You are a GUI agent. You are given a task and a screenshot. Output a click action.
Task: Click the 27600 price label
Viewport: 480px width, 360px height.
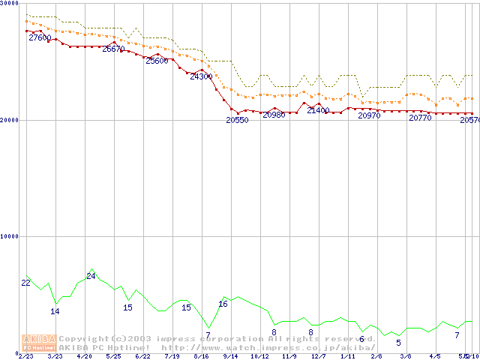40,37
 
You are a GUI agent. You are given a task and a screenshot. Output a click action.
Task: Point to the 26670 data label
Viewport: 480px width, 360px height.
113,49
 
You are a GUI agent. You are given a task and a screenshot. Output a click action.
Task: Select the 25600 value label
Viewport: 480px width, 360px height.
157,61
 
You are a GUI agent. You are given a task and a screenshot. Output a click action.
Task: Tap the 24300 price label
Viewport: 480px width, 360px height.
201,76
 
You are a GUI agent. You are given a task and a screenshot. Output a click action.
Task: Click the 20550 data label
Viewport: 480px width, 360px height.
237,120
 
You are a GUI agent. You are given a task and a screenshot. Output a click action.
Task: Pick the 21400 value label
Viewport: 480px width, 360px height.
318,110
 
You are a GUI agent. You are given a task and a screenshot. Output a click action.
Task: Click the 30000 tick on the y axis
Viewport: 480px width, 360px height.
9,4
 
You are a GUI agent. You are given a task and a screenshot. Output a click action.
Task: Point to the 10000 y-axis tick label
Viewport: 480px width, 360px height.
9,236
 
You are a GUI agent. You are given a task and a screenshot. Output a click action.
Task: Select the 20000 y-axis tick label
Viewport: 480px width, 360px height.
9,120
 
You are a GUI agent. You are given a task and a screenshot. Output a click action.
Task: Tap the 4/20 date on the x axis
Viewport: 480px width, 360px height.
84,356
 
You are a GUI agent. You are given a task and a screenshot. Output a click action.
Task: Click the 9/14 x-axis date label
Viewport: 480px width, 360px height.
230,356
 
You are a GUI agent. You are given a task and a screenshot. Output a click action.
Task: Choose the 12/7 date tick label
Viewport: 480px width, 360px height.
318,356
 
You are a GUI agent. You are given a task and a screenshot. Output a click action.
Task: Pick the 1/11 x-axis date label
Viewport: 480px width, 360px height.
347,356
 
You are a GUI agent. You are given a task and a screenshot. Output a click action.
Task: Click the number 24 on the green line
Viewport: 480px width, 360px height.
91,276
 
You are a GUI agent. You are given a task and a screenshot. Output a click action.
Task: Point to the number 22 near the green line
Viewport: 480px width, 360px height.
26,283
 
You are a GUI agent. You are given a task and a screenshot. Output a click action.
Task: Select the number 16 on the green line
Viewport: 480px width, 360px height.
223,304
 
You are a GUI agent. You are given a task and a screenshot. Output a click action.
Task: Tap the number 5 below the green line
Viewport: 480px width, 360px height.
398,343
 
